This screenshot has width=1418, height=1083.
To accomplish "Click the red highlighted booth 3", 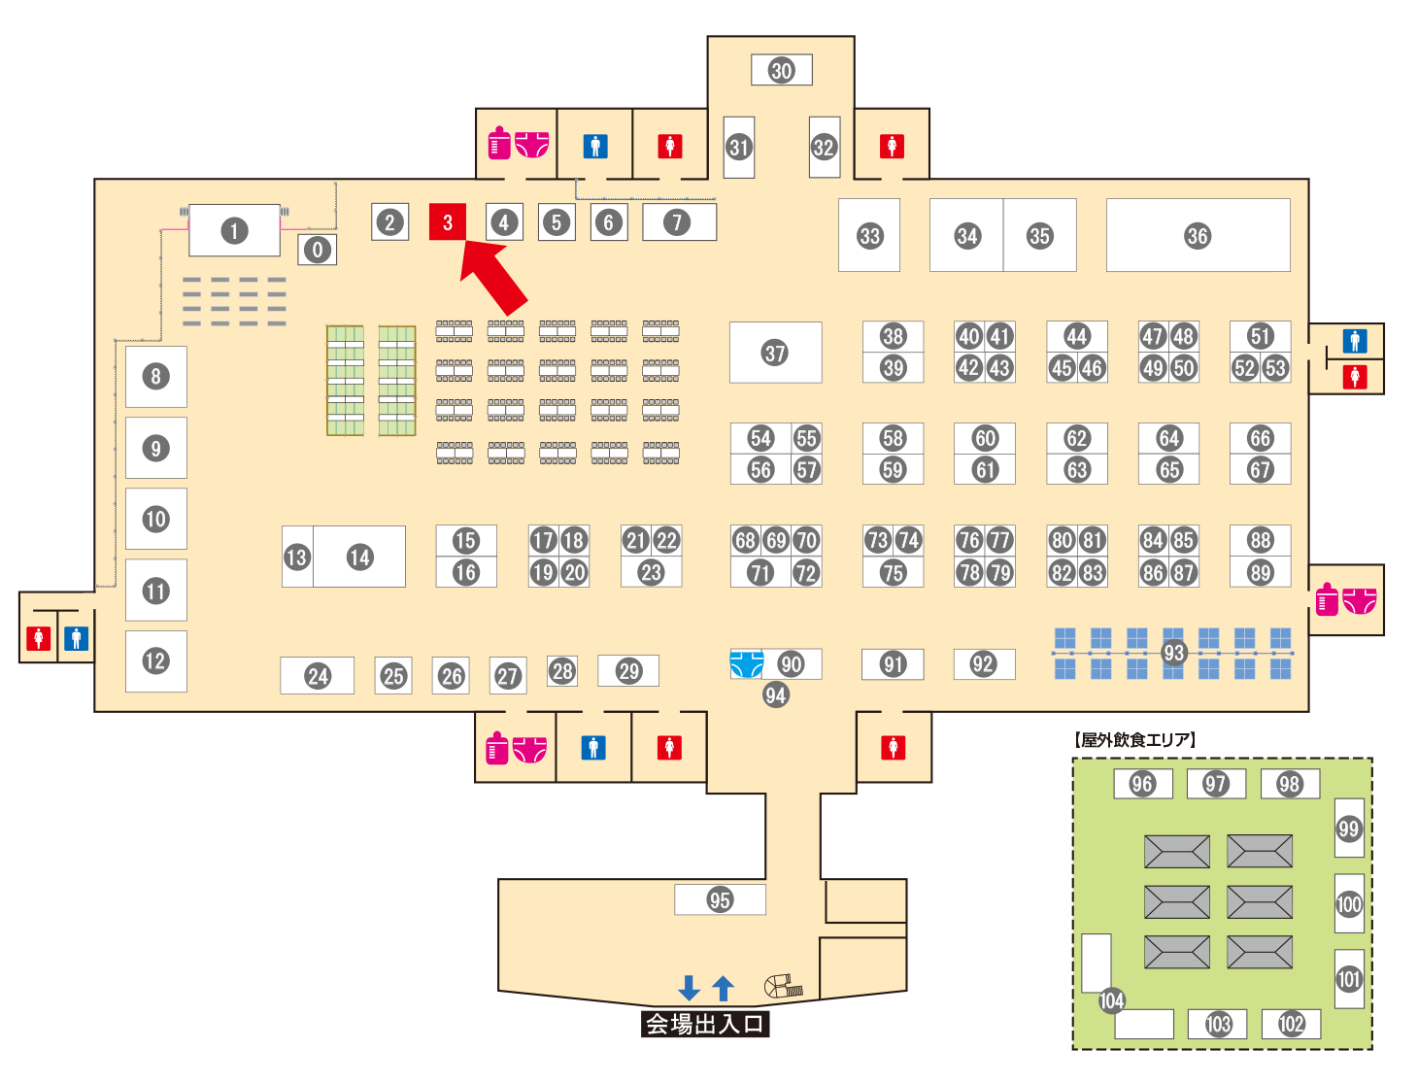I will coord(448,222).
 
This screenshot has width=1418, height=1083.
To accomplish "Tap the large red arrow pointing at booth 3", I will coord(494,277).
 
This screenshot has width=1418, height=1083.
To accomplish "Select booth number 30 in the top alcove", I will coord(782,70).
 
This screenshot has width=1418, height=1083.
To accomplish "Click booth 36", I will coord(1198,236).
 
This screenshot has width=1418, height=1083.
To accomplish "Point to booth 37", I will coord(775,353).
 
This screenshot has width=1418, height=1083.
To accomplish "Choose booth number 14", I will coord(360,557).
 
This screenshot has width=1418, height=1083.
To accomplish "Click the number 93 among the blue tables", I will coord(1174,653).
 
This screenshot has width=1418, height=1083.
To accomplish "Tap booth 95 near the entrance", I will coord(720,899).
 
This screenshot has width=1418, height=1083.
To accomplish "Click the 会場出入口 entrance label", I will coord(705,1024).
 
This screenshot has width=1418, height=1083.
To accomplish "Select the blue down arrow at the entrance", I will coord(690,988).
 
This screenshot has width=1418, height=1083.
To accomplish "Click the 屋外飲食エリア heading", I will coord(1135,740).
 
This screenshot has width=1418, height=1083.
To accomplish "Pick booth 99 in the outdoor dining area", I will coord(1349,829).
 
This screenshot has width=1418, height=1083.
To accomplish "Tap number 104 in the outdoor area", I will coord(1112,1000).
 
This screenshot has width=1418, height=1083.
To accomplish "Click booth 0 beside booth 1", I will coord(318,250).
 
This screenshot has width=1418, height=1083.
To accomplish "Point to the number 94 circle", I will coord(775,694).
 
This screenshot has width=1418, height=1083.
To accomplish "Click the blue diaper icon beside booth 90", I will coord(747,663).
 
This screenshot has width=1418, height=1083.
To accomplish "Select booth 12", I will coord(155,661).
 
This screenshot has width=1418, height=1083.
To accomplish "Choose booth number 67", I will coord(1261,470).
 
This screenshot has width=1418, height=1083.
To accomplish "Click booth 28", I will coord(562,670).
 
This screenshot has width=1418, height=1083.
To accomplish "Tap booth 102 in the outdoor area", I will coord(1291,1024).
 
